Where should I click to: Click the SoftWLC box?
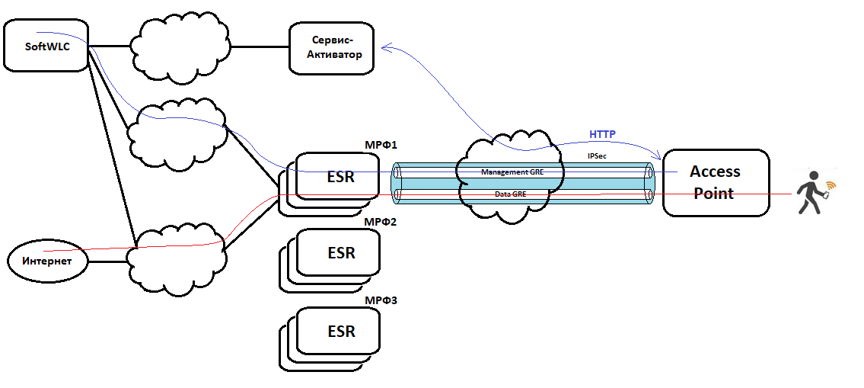(46, 46)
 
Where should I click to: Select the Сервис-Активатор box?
(332, 48)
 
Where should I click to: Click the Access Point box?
(716, 182)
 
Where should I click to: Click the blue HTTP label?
(602, 135)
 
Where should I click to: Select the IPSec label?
(597, 156)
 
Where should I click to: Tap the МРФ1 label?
(381, 144)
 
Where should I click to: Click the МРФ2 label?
(381, 222)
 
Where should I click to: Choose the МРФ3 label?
(381, 300)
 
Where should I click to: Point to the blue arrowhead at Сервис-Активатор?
(386, 49)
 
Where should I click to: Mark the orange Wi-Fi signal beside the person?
(829, 185)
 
